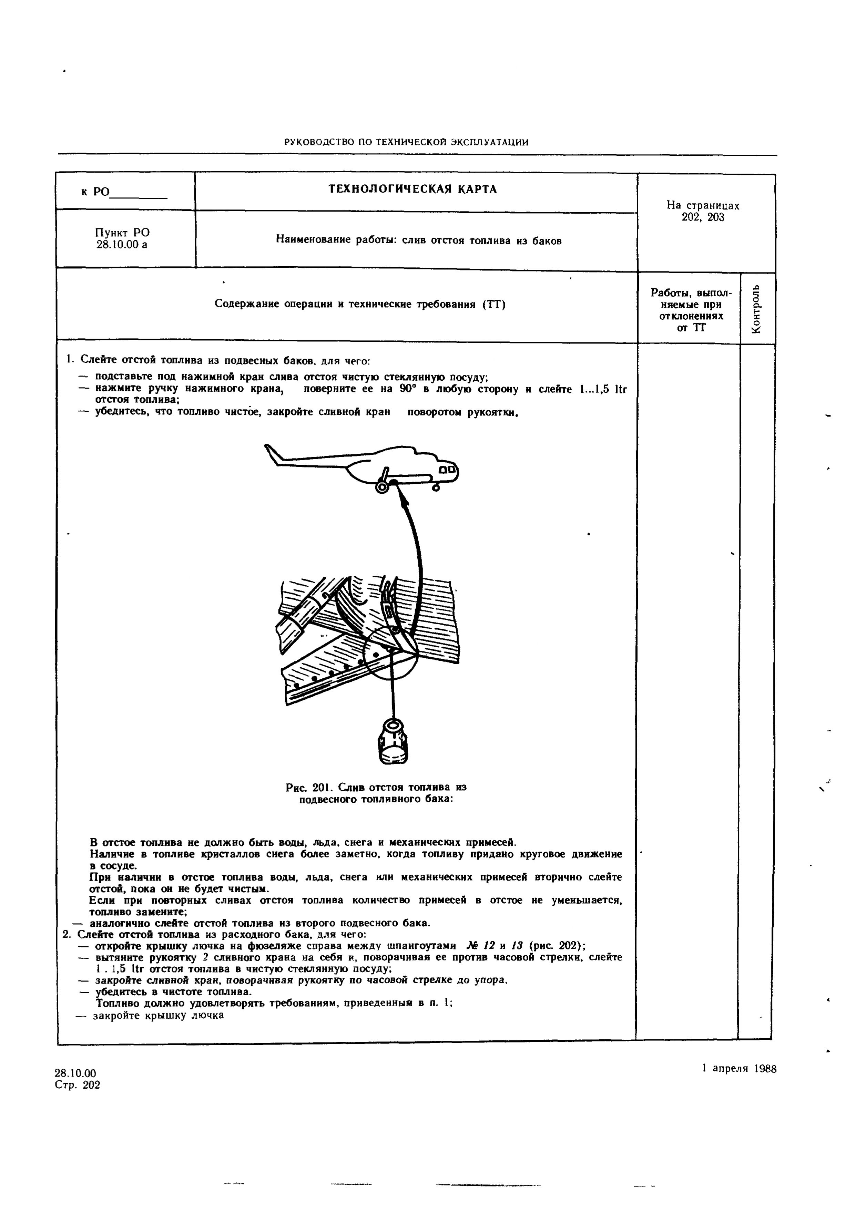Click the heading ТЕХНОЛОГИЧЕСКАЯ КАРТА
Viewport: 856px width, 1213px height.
[x=413, y=189]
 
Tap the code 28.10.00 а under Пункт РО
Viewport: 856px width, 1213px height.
[x=122, y=245]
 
